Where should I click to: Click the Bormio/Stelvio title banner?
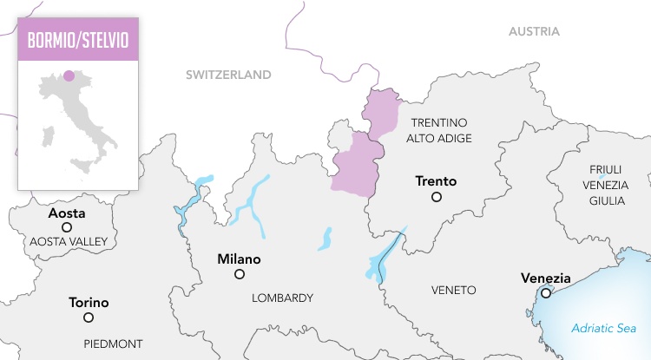[x=78, y=41]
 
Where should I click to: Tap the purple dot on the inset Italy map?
[x=69, y=75]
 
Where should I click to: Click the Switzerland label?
[x=228, y=75]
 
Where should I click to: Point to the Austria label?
[x=534, y=31]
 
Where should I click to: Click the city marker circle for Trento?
[x=437, y=198]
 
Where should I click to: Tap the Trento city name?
[x=436, y=181]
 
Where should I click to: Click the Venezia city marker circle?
[x=545, y=293]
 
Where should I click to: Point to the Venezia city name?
[x=545, y=278]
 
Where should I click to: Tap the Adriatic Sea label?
[x=603, y=328]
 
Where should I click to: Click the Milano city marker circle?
[x=240, y=274]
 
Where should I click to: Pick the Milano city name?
[x=239, y=259]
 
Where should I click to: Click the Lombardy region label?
[x=282, y=298]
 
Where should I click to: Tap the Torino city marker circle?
[x=89, y=317]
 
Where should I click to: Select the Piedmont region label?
[x=113, y=344]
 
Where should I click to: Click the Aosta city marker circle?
[x=67, y=227]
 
